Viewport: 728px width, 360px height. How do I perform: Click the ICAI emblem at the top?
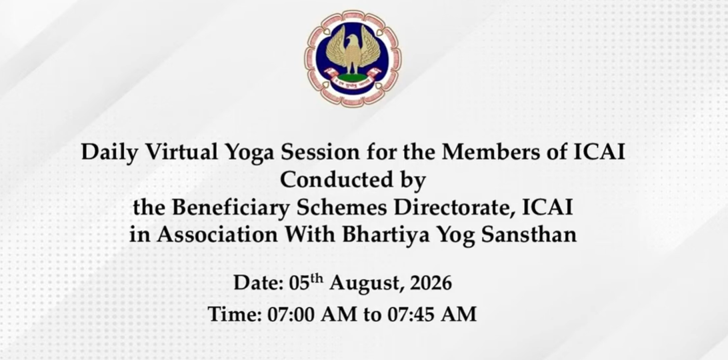coord(353,59)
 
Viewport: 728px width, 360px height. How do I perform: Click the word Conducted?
coord(334,180)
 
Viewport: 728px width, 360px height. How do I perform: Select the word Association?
coord(217,235)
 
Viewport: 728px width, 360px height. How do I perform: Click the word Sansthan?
coord(529,235)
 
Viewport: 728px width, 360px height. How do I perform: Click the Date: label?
coord(259,283)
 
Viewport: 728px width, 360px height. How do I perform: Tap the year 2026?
coord(431,283)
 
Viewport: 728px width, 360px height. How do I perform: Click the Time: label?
coord(235,314)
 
